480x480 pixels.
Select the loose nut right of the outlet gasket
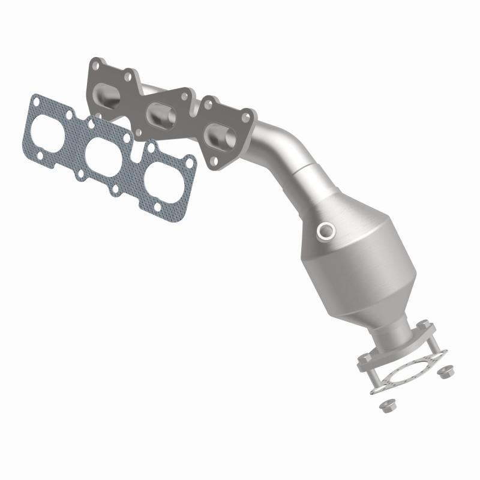(445, 372)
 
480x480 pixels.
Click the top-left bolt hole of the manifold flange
(94, 63)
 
